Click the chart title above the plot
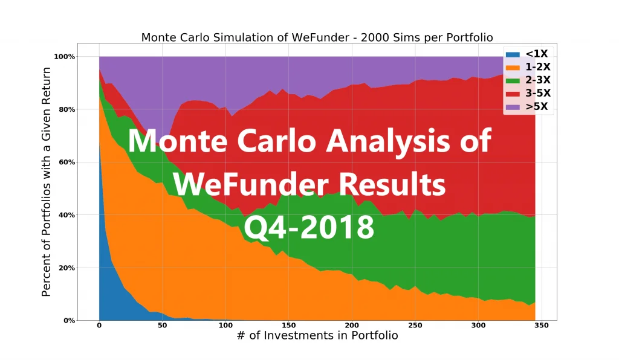[x=317, y=37]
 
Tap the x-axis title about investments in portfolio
[x=317, y=335]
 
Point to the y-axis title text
[x=46, y=182]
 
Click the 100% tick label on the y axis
[x=64, y=57]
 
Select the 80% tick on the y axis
[x=66, y=109]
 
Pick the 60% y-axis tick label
[x=66, y=162]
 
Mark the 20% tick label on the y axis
[x=66, y=268]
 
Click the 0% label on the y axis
[x=69, y=321]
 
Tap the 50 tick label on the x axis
[x=162, y=326]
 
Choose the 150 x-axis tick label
[x=288, y=326]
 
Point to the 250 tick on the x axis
[x=415, y=326]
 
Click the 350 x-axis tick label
[x=541, y=326]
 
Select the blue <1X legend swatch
[x=513, y=54]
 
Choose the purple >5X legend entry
[x=527, y=106]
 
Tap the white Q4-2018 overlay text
[x=309, y=227]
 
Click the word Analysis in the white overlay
[x=387, y=141]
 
